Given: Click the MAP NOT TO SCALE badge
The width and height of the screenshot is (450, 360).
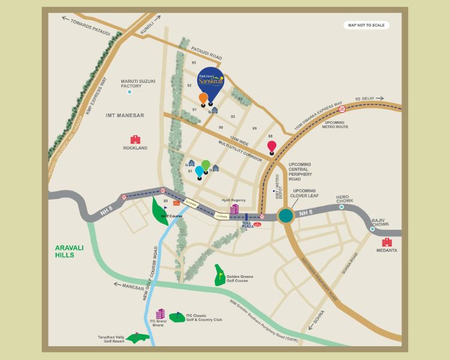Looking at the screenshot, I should pos(367,25).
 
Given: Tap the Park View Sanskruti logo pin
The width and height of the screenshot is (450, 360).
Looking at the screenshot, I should pos(211,83).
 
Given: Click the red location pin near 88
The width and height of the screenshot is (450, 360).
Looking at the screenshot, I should pos(272,146).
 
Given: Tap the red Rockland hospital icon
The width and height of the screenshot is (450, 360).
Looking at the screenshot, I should pos(135,139).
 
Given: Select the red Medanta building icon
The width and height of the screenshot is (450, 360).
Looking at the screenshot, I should pos(387,242).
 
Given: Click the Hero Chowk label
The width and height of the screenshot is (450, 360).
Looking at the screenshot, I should pos(342,199).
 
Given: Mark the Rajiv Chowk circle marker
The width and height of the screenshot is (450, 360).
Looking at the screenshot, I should pos(372,229).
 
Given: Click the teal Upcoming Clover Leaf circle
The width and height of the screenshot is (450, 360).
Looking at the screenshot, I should pos(286,215).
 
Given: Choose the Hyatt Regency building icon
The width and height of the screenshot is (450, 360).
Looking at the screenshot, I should pos(234,209).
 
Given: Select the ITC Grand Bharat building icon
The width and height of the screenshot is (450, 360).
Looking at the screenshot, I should pos(160,314).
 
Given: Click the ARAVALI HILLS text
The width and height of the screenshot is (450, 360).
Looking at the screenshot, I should pos(73,251).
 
